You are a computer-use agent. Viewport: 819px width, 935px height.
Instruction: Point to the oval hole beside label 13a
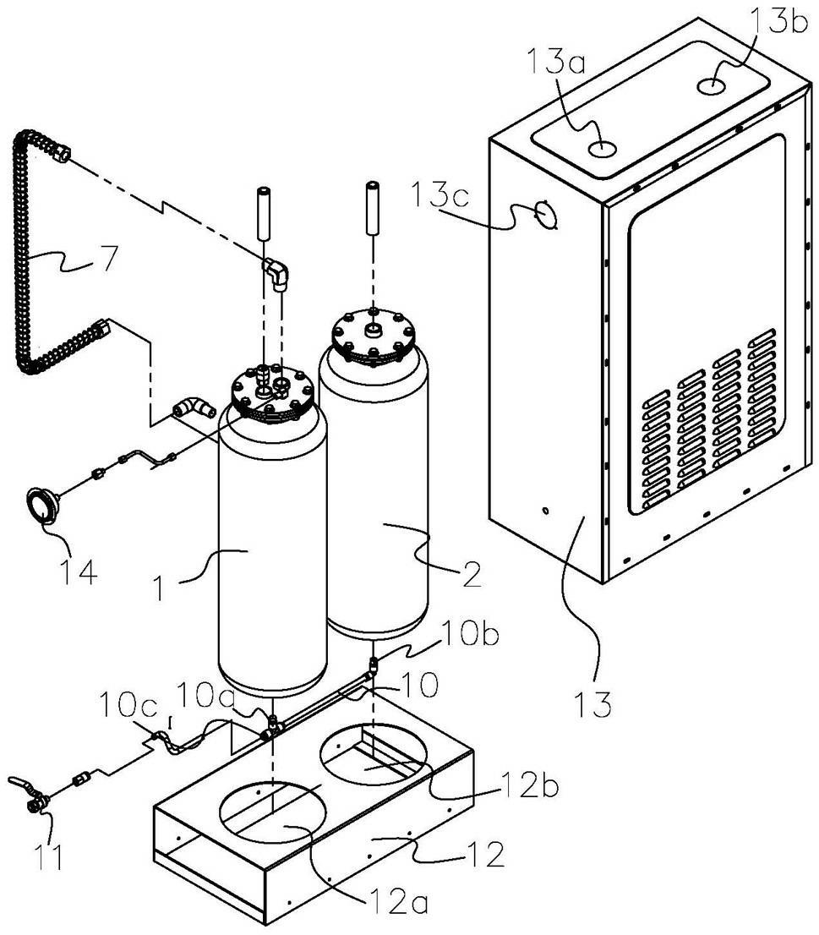[x=602, y=149]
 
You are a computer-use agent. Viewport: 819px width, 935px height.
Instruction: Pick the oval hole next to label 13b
[x=712, y=85]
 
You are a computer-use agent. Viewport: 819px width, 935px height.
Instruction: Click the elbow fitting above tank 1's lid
[x=276, y=272]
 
